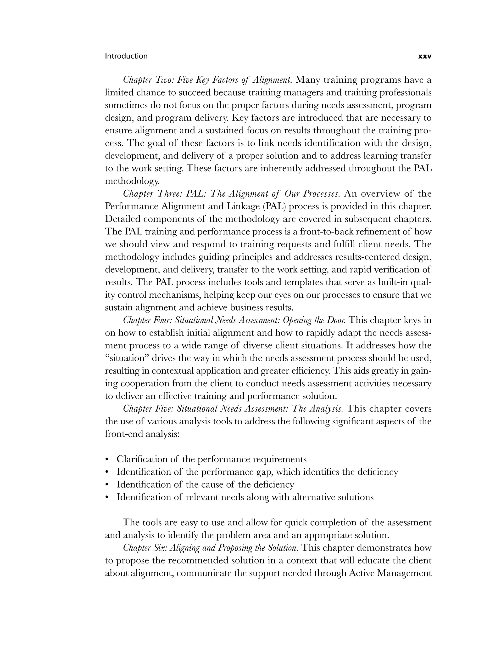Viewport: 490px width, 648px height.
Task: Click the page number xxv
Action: click(x=425, y=56)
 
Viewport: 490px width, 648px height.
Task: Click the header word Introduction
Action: click(x=126, y=56)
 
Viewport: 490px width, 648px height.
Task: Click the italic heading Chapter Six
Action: click(x=145, y=548)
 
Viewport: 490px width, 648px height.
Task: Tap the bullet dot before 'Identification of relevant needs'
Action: click(x=107, y=497)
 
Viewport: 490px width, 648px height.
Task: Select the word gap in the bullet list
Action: click(x=266, y=472)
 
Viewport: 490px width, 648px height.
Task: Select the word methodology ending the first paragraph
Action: click(x=132, y=181)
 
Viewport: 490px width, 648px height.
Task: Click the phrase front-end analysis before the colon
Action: click(x=141, y=434)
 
